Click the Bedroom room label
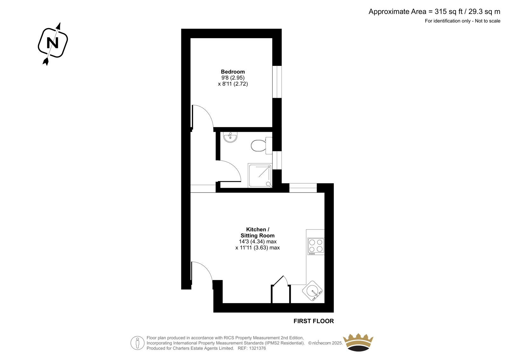point(233,72)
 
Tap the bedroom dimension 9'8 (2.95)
point(233,78)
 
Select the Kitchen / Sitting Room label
point(257,232)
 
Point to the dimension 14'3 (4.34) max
point(257,242)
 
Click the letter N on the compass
point(52,43)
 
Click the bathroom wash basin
point(230,137)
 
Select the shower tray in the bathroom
point(260,175)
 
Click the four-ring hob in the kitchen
point(316,246)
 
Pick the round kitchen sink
point(312,291)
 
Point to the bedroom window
point(277,82)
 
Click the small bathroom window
point(277,160)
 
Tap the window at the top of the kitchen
point(303,188)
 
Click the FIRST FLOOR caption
point(314,321)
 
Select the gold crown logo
point(358,342)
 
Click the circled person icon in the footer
point(137,343)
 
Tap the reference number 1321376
point(257,348)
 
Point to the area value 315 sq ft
point(449,11)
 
